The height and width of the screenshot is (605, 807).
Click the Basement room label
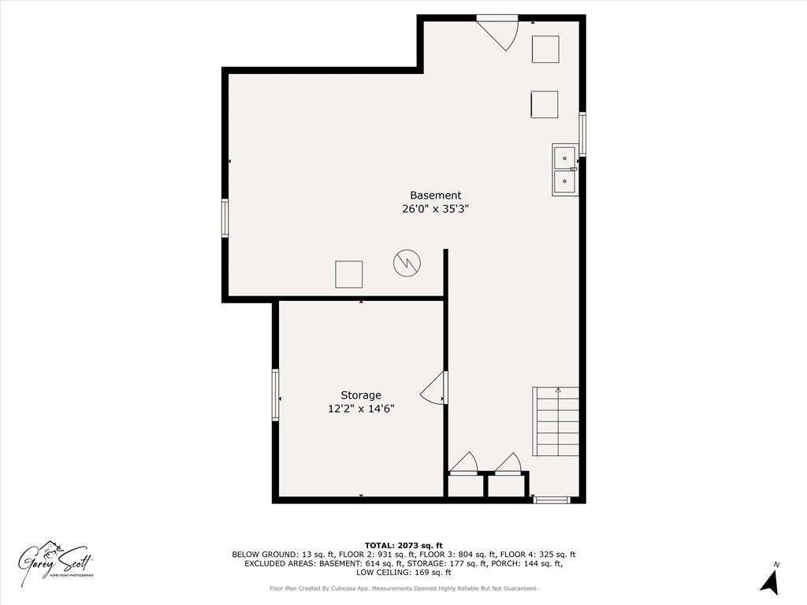(x=435, y=195)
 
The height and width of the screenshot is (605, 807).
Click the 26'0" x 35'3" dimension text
(x=435, y=210)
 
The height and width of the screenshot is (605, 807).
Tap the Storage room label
(x=361, y=395)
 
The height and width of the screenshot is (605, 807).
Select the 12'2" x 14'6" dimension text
(x=361, y=409)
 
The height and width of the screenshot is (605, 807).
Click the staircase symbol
(x=557, y=421)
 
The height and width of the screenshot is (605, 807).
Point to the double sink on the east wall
(x=564, y=169)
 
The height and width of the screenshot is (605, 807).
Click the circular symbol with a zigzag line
(x=407, y=262)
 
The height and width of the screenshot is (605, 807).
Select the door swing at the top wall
(x=501, y=32)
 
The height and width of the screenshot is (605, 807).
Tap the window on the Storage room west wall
(x=276, y=395)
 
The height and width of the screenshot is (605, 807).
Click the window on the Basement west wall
(x=225, y=218)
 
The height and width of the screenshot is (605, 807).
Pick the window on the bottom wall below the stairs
(x=551, y=499)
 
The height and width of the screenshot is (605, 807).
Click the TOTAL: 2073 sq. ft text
(x=403, y=545)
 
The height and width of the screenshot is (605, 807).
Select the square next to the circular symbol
(x=348, y=274)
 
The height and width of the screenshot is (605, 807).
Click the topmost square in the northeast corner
(x=545, y=50)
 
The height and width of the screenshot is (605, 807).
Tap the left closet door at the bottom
(x=465, y=463)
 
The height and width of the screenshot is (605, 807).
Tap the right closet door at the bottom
(x=509, y=463)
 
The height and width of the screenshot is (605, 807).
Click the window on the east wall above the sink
(x=583, y=134)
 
